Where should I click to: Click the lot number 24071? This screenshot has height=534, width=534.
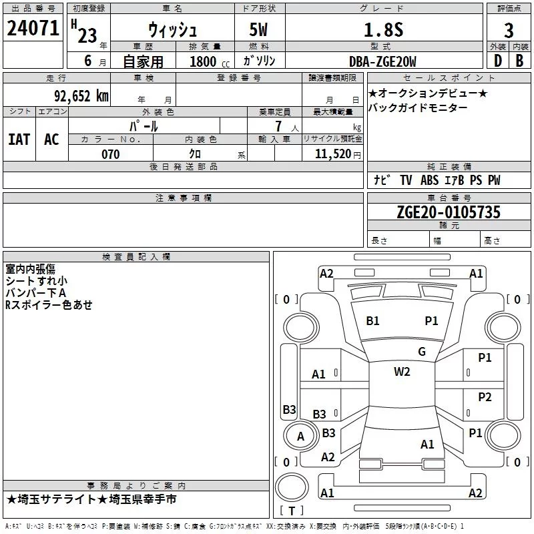tap(33, 30)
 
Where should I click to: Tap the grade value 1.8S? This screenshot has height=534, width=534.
tap(382, 31)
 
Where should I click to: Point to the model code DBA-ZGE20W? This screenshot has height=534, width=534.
tap(382, 61)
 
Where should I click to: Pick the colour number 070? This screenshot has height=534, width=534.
tap(111, 154)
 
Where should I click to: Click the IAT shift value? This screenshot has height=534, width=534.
tap(19, 140)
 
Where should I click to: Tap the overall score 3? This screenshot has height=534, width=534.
tap(509, 31)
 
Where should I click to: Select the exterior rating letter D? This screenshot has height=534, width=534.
tap(497, 61)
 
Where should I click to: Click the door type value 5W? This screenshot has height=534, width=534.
tap(259, 31)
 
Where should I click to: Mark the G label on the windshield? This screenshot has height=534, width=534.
tap(422, 352)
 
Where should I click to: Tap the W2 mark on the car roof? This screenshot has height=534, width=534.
tap(402, 372)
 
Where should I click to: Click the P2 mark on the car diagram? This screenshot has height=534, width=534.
tap(485, 397)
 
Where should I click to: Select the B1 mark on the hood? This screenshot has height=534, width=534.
tap(372, 321)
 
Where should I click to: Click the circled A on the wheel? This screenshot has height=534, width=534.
tap(300, 437)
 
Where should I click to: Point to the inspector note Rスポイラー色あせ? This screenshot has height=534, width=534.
tap(49, 304)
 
